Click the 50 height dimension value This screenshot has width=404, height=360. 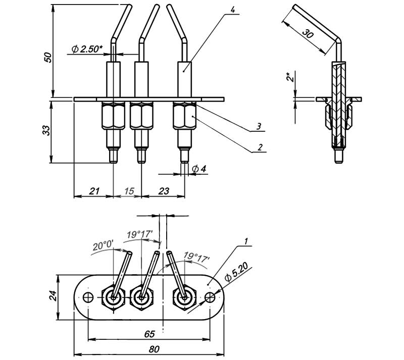(x=48, y=58)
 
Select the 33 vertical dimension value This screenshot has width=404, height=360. (x=46, y=130)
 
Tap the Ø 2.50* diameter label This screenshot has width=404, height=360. (x=87, y=48)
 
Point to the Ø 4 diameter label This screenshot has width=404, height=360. (x=199, y=169)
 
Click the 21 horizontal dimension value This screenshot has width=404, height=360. (x=94, y=191)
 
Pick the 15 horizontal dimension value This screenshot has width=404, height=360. (x=129, y=191)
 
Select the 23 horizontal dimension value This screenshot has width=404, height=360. (x=164, y=191)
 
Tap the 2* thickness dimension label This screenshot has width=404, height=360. (x=290, y=77)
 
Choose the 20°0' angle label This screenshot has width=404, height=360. (x=103, y=245)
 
